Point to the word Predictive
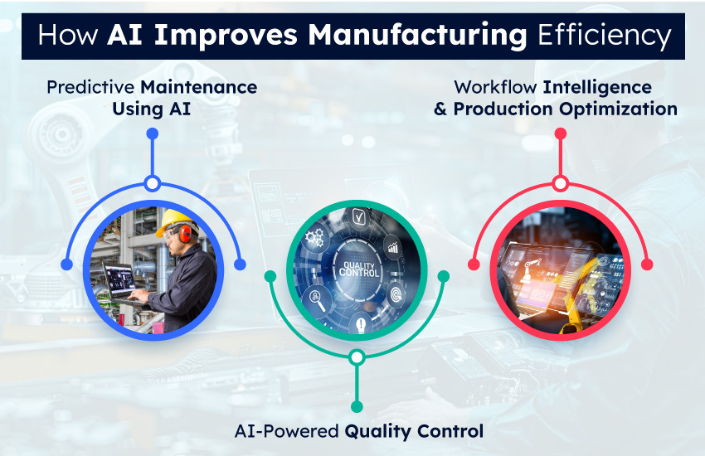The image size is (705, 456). coord(91,87)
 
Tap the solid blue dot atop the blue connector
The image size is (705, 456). coord(152,133)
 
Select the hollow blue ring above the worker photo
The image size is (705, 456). coord(152,183)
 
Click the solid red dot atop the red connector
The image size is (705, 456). coord(560,133)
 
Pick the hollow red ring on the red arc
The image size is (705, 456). coord(560,183)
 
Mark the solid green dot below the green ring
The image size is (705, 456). coord(357,406)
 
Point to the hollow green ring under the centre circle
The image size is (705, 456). coord(357,358)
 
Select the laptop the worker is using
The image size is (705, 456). coord(121,282)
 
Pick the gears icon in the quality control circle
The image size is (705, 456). coord(315,238)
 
